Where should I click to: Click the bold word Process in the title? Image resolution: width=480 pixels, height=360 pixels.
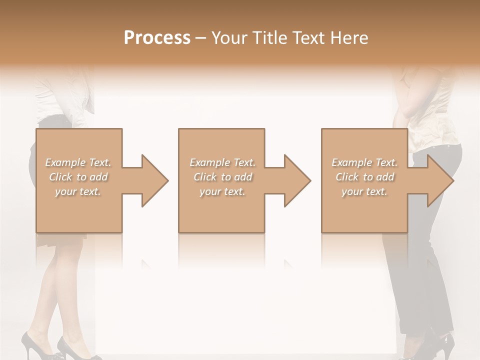157,38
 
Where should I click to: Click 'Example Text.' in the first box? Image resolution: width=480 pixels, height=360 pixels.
78,162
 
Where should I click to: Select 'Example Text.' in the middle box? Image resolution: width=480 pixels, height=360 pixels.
222,162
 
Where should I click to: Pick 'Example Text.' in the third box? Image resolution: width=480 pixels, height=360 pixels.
364,162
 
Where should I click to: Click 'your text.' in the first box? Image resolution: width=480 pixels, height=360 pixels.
78,191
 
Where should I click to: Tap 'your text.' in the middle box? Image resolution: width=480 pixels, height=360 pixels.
222,191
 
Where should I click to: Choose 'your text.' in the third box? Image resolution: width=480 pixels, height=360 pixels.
364,191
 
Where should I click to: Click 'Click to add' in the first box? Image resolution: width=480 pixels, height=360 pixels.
78,177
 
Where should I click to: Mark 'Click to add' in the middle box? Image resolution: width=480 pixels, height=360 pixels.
222,177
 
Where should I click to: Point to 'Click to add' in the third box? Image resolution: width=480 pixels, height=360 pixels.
364,177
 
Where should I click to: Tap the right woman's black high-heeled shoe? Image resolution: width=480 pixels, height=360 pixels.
442,345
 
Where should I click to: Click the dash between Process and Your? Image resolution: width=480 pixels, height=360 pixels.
201,38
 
